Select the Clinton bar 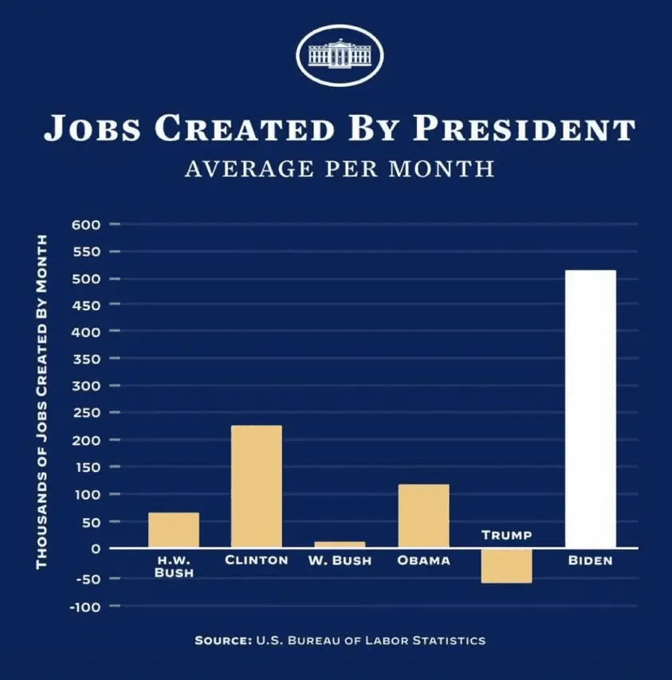click(x=256, y=486)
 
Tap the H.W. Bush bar click(x=173, y=530)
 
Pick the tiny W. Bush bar click(x=340, y=544)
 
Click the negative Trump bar click(x=506, y=566)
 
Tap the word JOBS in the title click(x=89, y=128)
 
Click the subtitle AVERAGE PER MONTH click(x=339, y=170)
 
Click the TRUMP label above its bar click(x=506, y=535)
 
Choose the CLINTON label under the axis click(x=256, y=560)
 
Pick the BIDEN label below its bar click(x=590, y=560)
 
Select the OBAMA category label click(x=423, y=560)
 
